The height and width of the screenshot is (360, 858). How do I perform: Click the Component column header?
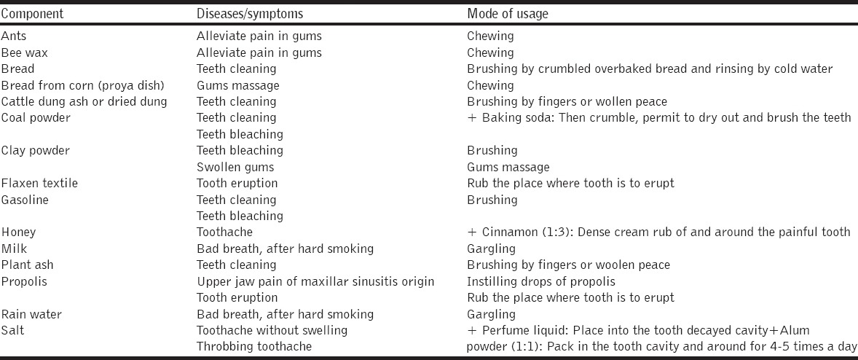[33, 13]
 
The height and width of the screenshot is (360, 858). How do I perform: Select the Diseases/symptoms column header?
[244, 13]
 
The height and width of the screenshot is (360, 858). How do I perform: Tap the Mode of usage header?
[508, 13]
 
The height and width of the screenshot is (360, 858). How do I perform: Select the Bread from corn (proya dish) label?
[83, 85]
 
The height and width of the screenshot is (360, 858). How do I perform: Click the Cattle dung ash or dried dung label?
[84, 101]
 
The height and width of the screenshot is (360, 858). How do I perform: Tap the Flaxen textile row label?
[39, 183]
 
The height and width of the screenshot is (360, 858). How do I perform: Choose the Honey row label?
[18, 232]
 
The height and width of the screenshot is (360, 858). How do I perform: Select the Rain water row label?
[32, 314]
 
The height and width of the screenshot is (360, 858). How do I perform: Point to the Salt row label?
[12, 330]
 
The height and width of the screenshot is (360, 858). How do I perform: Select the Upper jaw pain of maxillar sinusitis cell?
[315, 281]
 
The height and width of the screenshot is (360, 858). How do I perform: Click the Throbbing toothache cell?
[254, 346]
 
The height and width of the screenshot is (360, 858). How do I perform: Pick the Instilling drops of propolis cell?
[541, 281]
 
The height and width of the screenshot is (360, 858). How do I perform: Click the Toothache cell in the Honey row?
[224, 232]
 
